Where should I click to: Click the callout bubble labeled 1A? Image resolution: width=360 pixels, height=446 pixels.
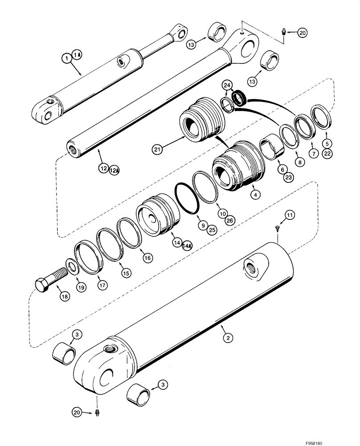pyautogui.click(x=77, y=55)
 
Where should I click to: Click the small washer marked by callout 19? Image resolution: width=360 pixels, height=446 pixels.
pyautogui.click(x=72, y=268)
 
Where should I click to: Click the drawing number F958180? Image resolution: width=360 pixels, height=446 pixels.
pyautogui.click(x=340, y=442)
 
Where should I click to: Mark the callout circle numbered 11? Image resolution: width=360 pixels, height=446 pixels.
pyautogui.click(x=290, y=215)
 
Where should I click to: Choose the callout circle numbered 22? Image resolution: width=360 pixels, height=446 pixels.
pyautogui.click(x=327, y=154)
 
